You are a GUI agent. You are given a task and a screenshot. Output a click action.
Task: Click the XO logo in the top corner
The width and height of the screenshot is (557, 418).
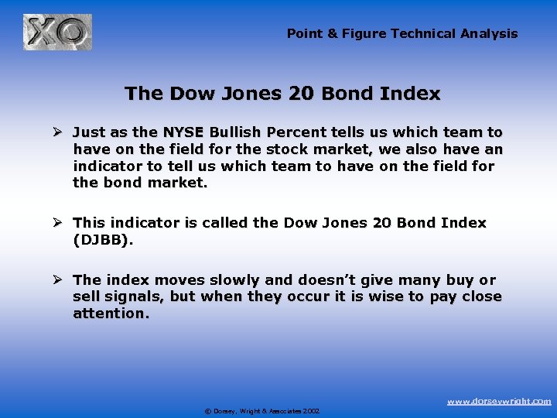pyautogui.click(x=57, y=33)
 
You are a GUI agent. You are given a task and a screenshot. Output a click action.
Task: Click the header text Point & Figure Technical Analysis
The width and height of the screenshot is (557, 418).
pyautogui.click(x=402, y=33)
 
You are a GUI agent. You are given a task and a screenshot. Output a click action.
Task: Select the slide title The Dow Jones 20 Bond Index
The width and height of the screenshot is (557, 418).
pyautogui.click(x=282, y=94)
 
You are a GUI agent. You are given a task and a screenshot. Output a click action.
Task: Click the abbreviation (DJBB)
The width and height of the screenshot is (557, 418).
pyautogui.click(x=102, y=240)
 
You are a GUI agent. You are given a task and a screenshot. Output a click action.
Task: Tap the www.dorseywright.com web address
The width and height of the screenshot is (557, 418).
pyautogui.click(x=499, y=401)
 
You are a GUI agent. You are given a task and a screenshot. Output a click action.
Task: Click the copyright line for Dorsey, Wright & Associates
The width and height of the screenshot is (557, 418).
pyautogui.click(x=262, y=411)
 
